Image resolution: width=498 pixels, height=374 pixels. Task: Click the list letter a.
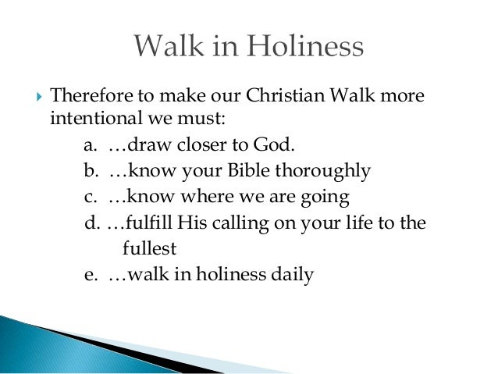[x=88, y=145]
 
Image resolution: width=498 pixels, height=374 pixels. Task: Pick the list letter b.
[x=89, y=171]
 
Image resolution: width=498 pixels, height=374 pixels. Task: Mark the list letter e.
[x=88, y=275]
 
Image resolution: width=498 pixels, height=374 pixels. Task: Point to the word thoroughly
[x=327, y=171]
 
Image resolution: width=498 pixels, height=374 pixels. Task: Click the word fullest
[x=149, y=249]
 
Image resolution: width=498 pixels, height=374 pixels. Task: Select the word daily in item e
[x=293, y=275]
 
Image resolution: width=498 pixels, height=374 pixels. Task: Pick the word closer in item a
[x=190, y=145]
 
